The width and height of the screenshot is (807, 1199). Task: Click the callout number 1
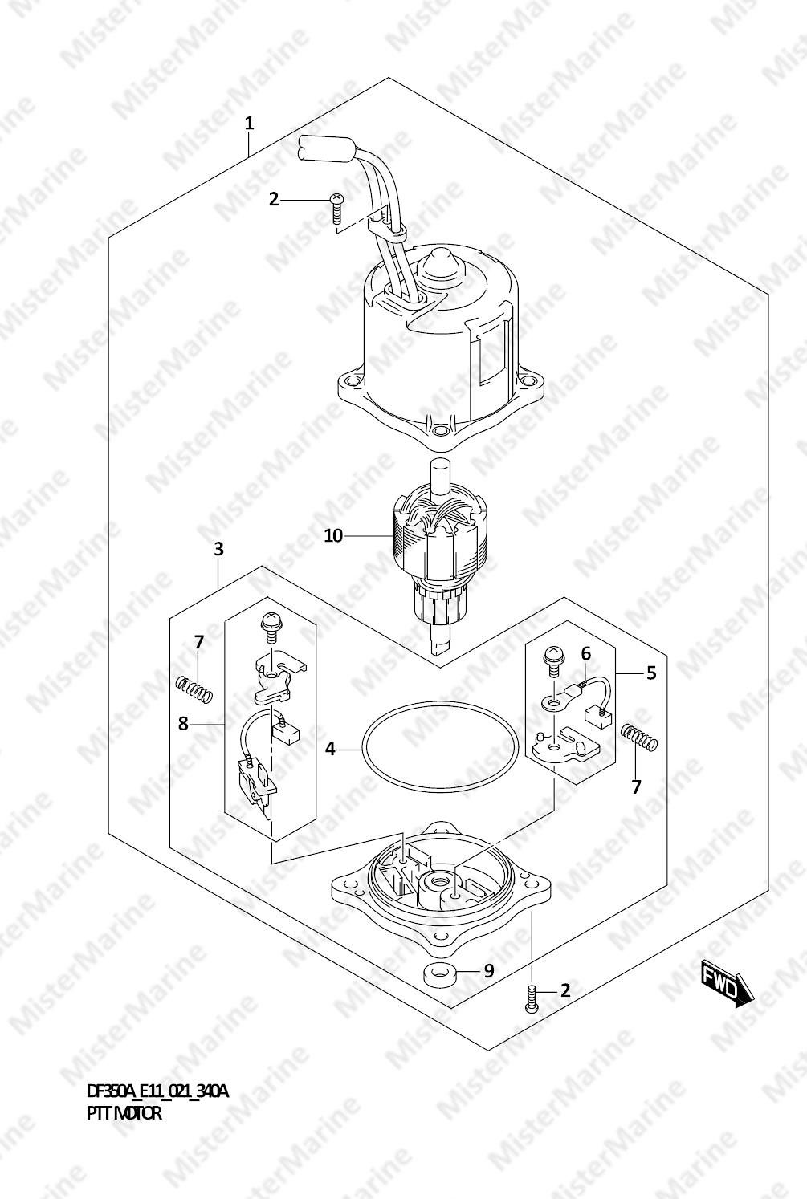pos(249,124)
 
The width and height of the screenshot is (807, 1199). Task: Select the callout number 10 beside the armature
pos(333,535)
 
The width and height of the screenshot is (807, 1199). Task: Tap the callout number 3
pos(218,550)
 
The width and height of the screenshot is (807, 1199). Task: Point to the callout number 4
pos(330,750)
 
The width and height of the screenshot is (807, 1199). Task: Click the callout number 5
pos(651,673)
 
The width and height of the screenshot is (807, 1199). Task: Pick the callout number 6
pos(586,654)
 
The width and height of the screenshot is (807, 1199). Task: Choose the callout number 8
pos(183,724)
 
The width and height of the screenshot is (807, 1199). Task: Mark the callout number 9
pos(489,971)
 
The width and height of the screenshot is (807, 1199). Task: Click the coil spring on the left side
pos(194,689)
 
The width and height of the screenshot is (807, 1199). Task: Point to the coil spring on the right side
pos(640,738)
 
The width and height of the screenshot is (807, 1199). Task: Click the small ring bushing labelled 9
pos(439,977)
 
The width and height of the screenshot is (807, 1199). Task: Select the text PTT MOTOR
pos(124,1113)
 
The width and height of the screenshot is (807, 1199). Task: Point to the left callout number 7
pos(198,642)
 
